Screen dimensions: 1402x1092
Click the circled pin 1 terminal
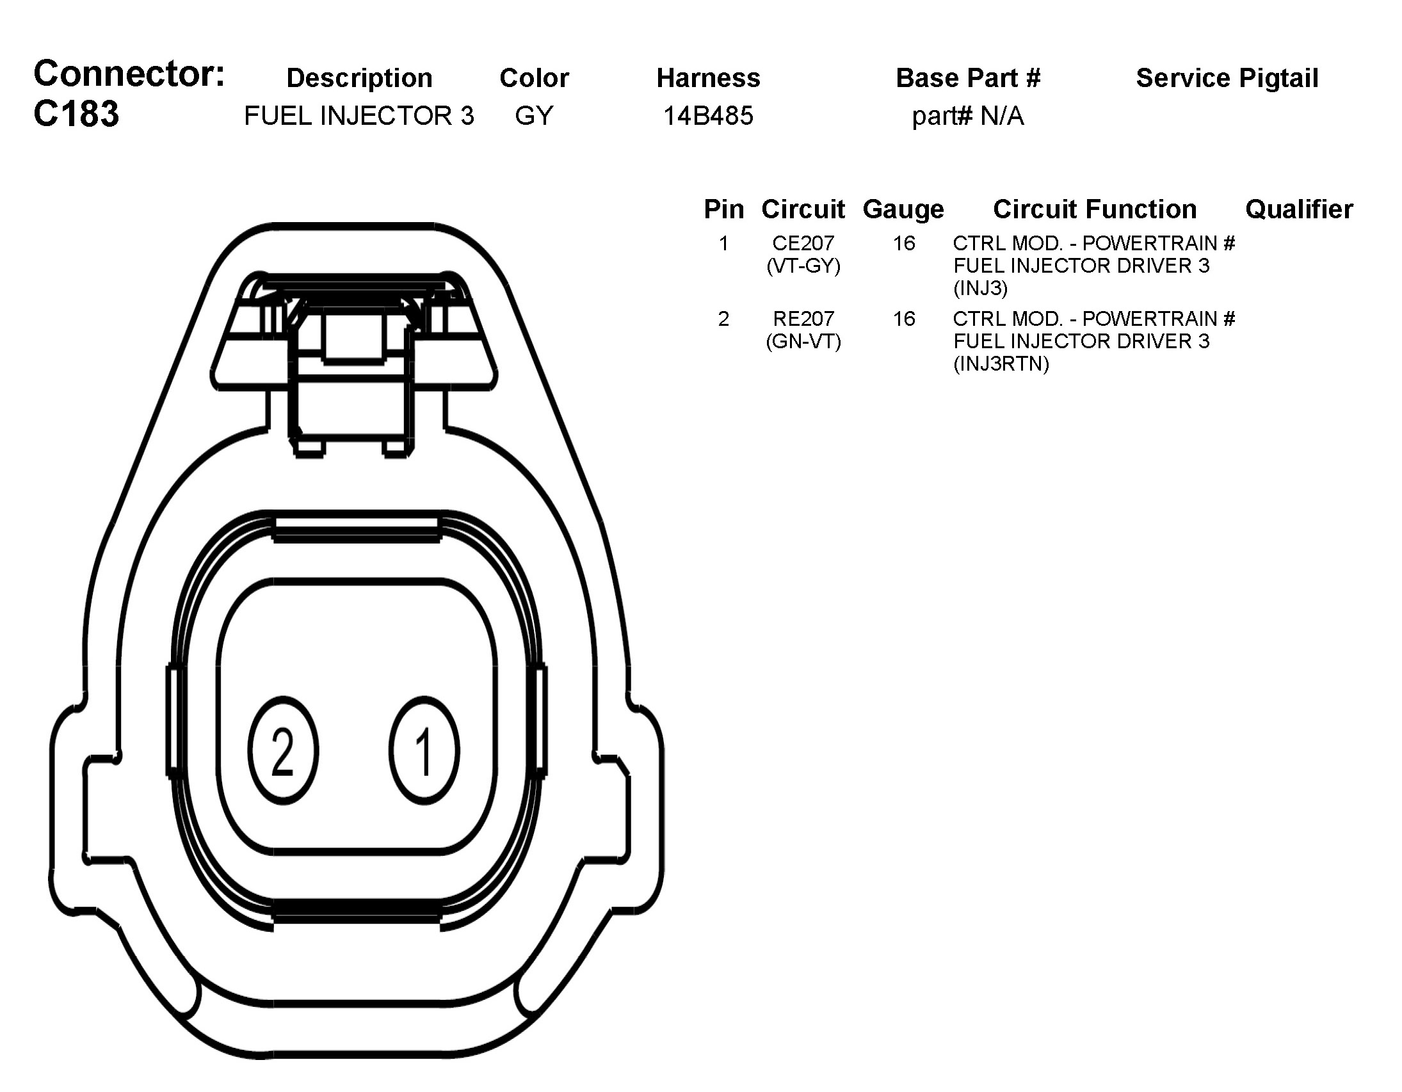coord(424,750)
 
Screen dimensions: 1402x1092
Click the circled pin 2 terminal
coord(283,750)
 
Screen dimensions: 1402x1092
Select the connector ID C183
coord(76,115)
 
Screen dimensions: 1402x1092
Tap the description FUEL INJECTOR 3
coord(359,116)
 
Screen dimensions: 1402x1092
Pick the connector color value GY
coord(533,116)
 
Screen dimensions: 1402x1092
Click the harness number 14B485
coord(708,116)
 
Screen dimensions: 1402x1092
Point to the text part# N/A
coord(967,116)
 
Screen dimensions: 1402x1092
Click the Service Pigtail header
coord(1227,78)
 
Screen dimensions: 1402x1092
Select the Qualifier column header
coord(1299,209)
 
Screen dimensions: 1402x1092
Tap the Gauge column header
coord(903,209)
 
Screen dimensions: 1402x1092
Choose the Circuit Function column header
coord(1095,209)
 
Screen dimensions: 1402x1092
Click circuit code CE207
coord(803,243)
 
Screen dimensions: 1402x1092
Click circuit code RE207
coord(803,318)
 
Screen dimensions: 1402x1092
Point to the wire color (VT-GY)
coord(803,266)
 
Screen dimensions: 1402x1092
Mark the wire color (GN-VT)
coord(803,341)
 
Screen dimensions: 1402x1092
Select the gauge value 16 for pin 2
coord(904,318)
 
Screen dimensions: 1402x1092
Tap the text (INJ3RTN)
coord(1001,364)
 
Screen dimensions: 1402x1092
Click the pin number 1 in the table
coord(723,243)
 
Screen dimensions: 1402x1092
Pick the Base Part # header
coord(967,78)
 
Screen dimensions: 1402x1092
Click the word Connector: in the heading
coord(129,74)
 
